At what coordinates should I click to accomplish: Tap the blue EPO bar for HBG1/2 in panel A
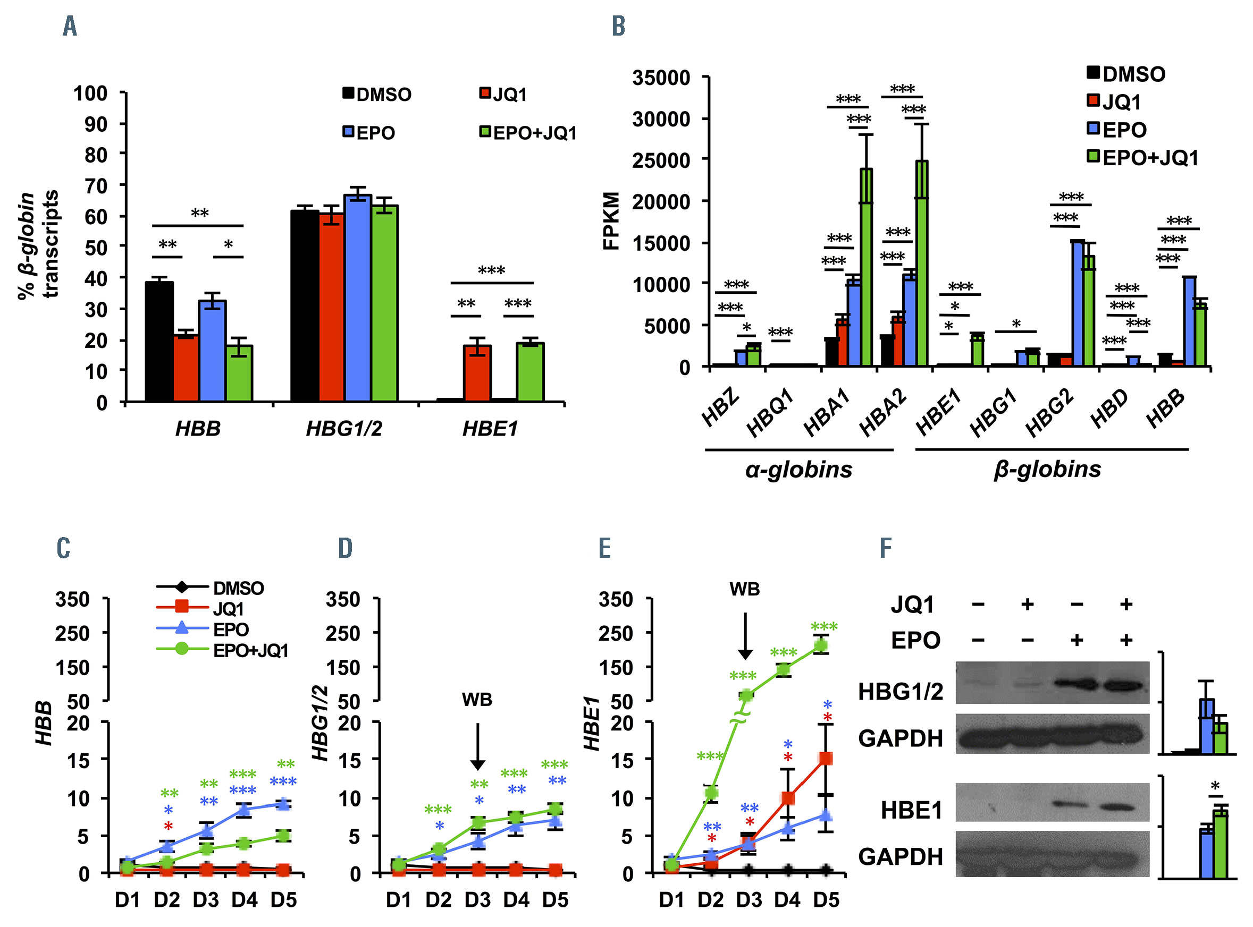point(358,298)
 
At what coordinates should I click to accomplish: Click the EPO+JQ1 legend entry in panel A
point(528,133)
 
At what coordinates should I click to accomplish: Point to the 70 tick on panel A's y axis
point(96,186)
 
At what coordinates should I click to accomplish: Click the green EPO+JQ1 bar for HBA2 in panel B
point(921,263)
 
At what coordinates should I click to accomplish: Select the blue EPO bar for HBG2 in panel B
point(1077,303)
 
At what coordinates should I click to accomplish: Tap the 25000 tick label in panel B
point(661,160)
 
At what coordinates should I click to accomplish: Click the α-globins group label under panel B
point(798,469)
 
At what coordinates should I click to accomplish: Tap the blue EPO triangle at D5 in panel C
point(283,804)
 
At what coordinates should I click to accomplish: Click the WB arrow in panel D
point(477,746)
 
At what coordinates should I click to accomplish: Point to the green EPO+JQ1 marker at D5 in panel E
point(821,646)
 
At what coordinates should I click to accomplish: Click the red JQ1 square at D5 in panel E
point(826,759)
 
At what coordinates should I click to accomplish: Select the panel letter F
point(885,548)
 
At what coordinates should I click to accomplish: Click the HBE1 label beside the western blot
point(911,810)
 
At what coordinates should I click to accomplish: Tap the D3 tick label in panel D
point(477,900)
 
